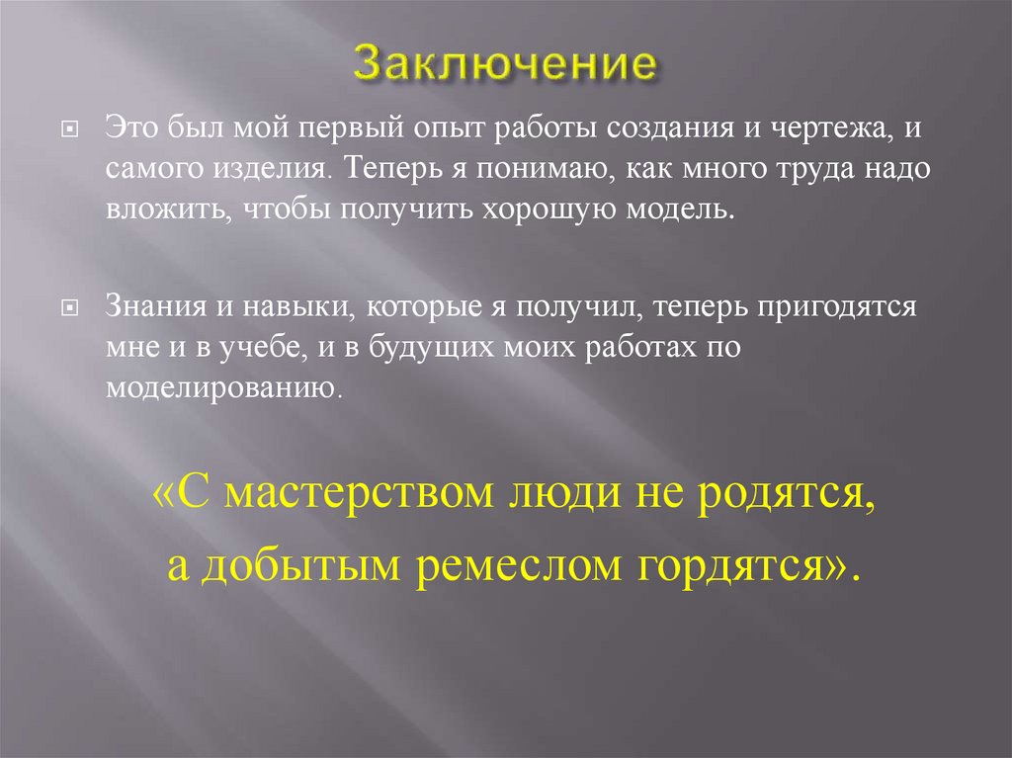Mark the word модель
pos(692,208)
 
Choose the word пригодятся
pos(839,307)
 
